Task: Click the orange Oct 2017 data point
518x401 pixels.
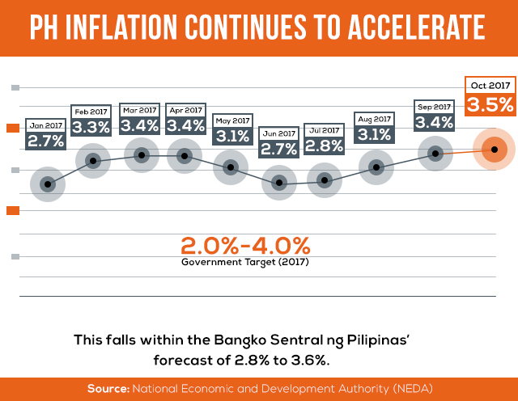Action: coord(495,148)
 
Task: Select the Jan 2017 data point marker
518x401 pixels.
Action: coord(48,184)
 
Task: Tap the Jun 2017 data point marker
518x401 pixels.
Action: coord(280,184)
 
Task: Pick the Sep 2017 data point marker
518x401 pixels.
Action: coord(435,153)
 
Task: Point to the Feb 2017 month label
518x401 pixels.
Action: coord(91,111)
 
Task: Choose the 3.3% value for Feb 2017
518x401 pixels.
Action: coord(91,127)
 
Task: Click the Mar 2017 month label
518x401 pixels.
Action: coord(139,109)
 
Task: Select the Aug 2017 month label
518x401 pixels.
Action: coord(373,118)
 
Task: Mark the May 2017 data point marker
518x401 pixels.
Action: coord(231,167)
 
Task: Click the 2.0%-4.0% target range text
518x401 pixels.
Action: coord(245,245)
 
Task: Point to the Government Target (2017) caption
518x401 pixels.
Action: coord(245,263)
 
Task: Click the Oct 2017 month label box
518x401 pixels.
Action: coord(490,85)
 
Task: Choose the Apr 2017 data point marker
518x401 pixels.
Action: coord(185,155)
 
